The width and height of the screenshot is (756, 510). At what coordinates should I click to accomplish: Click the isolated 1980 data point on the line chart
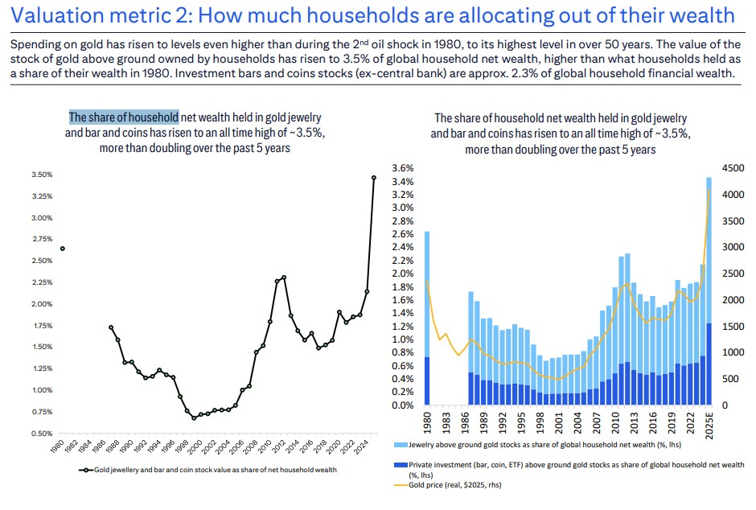pos(63,249)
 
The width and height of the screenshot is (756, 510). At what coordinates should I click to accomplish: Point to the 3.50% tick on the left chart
pos(41,175)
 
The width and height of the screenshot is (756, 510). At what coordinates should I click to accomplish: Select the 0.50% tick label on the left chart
pos(41,434)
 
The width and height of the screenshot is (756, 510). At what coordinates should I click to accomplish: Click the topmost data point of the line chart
pos(374,178)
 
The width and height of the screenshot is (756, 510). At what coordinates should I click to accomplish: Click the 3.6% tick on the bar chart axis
pos(402,168)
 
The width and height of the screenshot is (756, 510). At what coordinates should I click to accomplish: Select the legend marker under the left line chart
pos(83,469)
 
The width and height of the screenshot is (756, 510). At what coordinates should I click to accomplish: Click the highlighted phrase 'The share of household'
pos(124,117)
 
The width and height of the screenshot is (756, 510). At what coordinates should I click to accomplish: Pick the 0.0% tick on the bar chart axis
pos(402,405)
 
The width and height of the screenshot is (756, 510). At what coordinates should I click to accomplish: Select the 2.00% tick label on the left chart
pos(41,304)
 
